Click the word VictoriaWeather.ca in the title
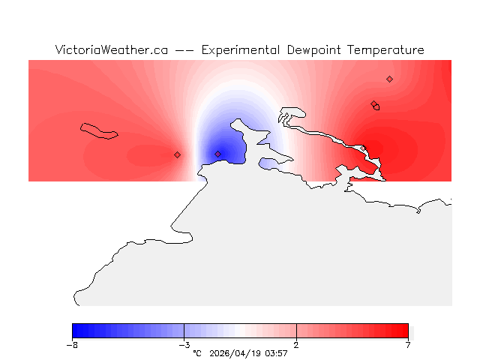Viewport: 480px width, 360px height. point(111,50)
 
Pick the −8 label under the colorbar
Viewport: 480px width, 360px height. point(72,345)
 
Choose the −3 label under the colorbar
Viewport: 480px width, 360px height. point(184,345)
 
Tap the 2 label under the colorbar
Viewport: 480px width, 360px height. point(296,345)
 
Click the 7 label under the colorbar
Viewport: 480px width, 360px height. point(408,345)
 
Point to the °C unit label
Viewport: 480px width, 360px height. point(197,352)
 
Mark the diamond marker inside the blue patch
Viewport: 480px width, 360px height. point(218,154)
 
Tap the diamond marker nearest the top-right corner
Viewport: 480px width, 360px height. point(389,79)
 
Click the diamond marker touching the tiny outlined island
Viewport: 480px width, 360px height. point(373,104)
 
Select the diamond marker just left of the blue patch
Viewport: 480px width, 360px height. point(177,154)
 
